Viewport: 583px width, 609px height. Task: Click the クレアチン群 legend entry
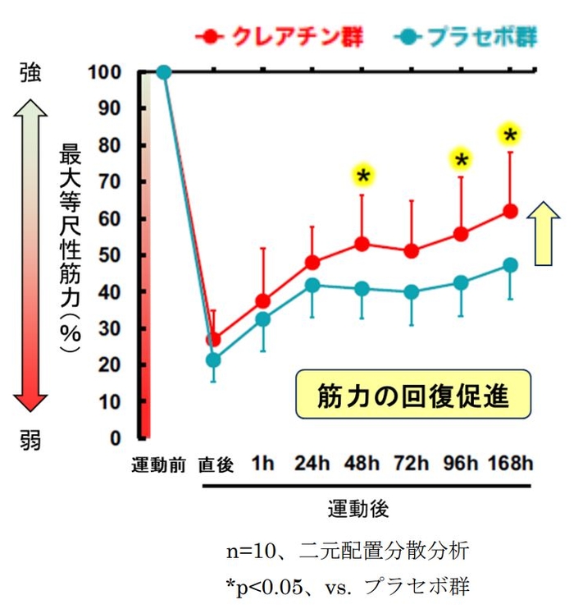283,37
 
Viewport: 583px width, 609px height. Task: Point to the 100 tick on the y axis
112,72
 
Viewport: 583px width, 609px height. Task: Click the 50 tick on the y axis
115,255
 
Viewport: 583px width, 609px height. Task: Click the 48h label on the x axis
362,465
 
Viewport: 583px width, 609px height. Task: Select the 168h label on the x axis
509,465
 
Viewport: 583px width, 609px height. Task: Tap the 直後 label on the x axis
215,465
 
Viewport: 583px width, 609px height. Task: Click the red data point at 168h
510,211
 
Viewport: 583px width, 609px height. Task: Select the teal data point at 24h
312,285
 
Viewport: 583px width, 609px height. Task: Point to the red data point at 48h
362,244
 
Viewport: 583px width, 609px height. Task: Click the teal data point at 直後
213,359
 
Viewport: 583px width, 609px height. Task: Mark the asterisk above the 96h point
461,159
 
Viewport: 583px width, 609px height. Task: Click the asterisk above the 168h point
511,134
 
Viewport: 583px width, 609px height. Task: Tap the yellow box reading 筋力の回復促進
412,397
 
